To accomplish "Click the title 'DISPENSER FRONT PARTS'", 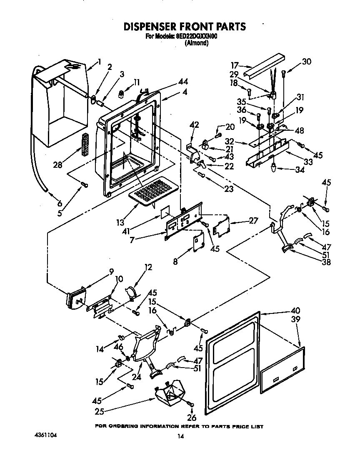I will click(184, 26).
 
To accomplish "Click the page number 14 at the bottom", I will click(180, 436).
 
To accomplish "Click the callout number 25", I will click(99, 412).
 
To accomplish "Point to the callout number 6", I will click(60, 203).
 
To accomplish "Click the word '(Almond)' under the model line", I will click(196, 43).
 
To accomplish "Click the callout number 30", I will click(306, 62).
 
